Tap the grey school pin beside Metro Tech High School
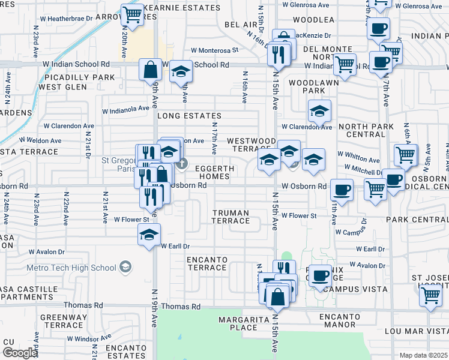(x=125, y=266)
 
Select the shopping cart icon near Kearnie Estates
(x=131, y=13)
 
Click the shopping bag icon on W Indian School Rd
(x=150, y=69)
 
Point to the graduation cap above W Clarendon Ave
(x=320, y=111)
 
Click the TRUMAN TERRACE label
(x=231, y=217)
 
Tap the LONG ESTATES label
(x=189, y=115)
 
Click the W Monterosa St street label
(x=214, y=50)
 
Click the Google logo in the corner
(x=20, y=353)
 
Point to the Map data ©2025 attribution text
(x=423, y=355)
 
